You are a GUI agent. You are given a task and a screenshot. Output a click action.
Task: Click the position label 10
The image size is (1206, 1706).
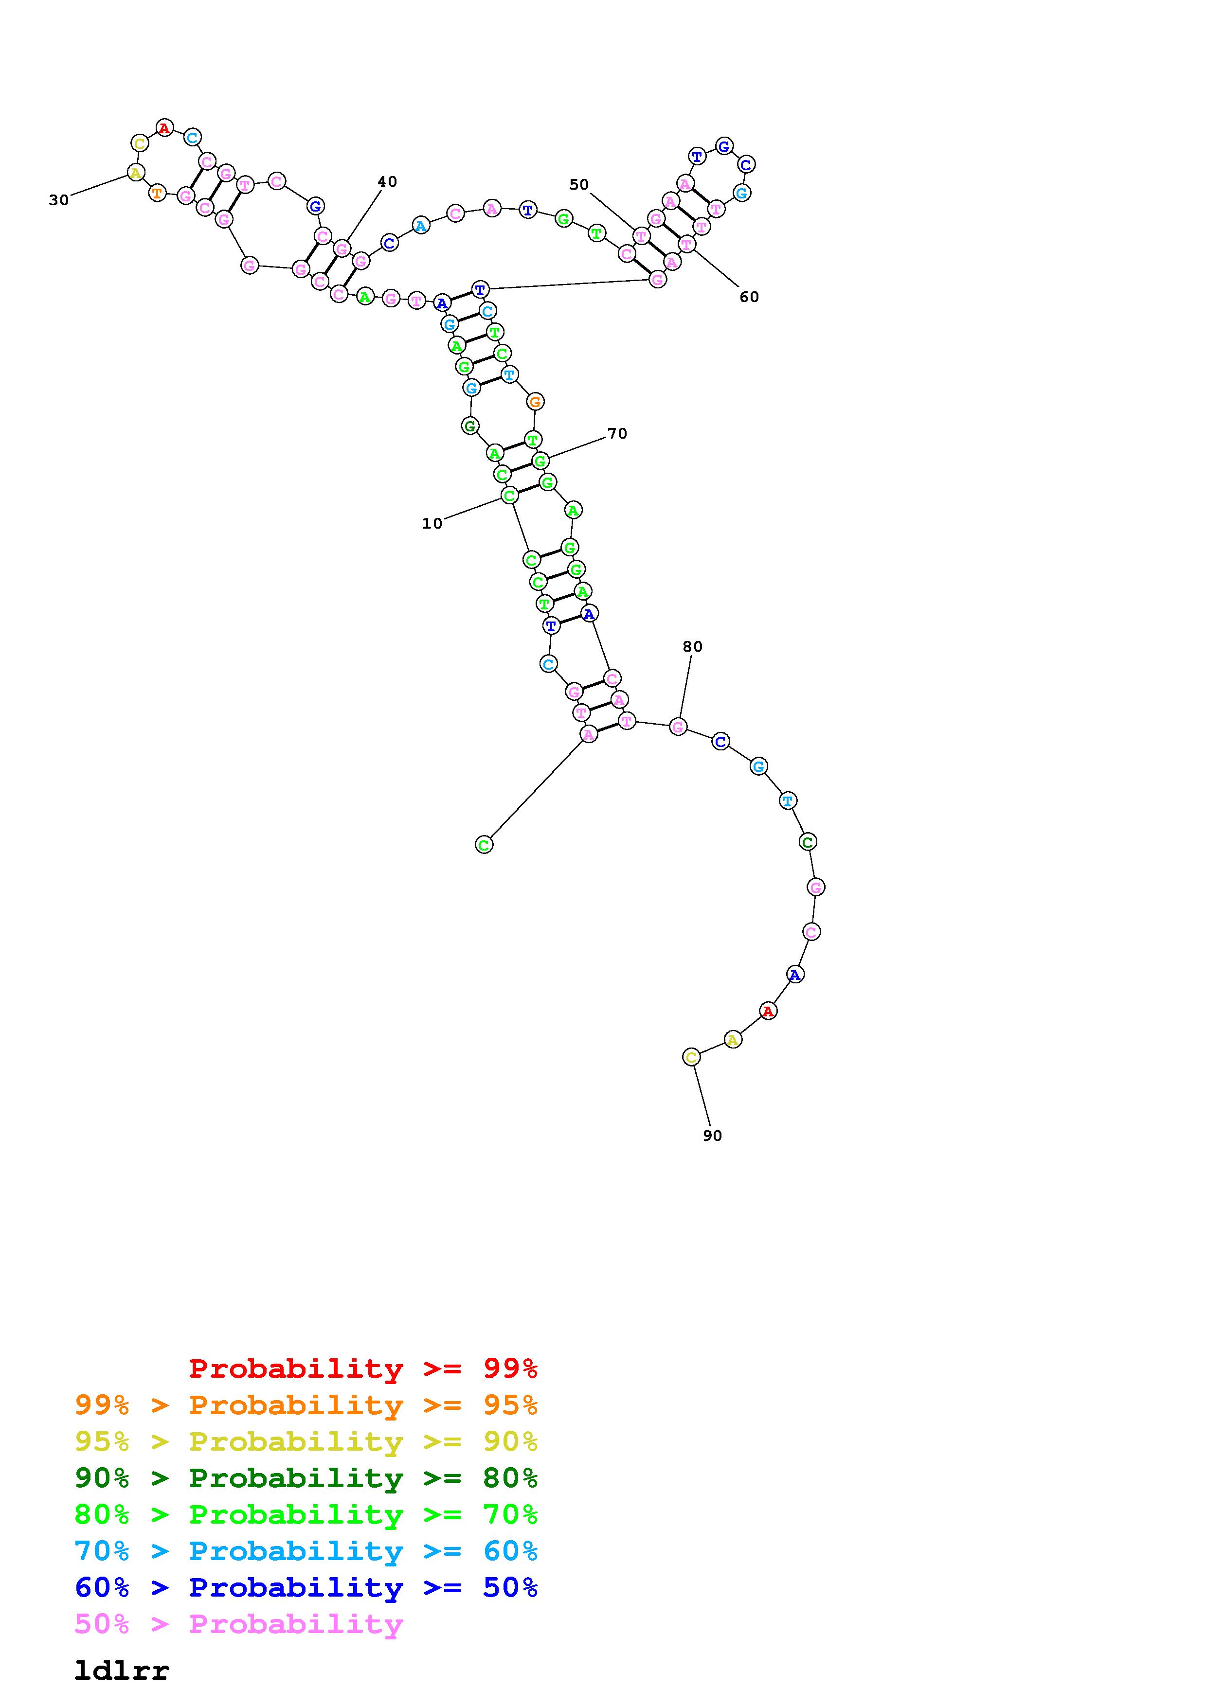coord(432,524)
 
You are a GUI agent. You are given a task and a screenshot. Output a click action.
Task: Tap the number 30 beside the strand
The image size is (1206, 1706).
coord(59,200)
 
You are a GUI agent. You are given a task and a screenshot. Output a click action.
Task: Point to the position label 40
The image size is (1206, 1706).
coord(387,182)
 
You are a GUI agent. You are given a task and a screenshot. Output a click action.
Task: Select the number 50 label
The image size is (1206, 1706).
coord(579,185)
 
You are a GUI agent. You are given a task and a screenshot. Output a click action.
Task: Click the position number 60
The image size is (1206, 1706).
coord(749,297)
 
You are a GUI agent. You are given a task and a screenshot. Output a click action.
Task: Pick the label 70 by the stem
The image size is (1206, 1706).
coord(617,434)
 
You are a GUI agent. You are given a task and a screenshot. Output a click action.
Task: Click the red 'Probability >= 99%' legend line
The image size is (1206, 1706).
coord(363,1368)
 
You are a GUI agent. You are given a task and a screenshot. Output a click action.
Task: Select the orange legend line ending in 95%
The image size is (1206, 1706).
coord(306,1405)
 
